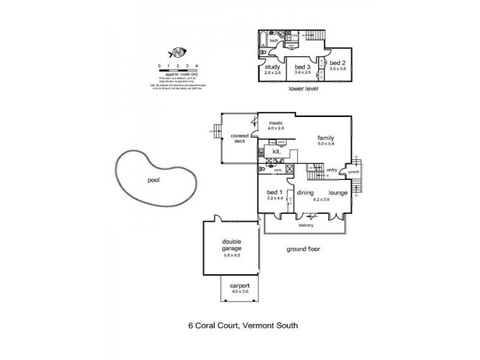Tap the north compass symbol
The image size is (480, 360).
pos(178,52)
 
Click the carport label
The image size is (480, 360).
pos(239,287)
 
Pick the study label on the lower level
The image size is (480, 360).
pos(273,67)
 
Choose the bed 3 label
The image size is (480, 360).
pos(302,67)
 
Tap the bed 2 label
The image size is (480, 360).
pos(338,63)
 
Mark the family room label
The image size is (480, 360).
pos(326,137)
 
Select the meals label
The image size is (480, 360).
pos(275,123)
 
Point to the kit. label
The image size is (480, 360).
pos(277,152)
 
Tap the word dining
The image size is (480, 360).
pos(306,193)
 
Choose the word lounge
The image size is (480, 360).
pos(338,193)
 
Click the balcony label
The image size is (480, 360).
pos(306,225)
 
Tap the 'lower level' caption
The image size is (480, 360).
pos(303,88)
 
